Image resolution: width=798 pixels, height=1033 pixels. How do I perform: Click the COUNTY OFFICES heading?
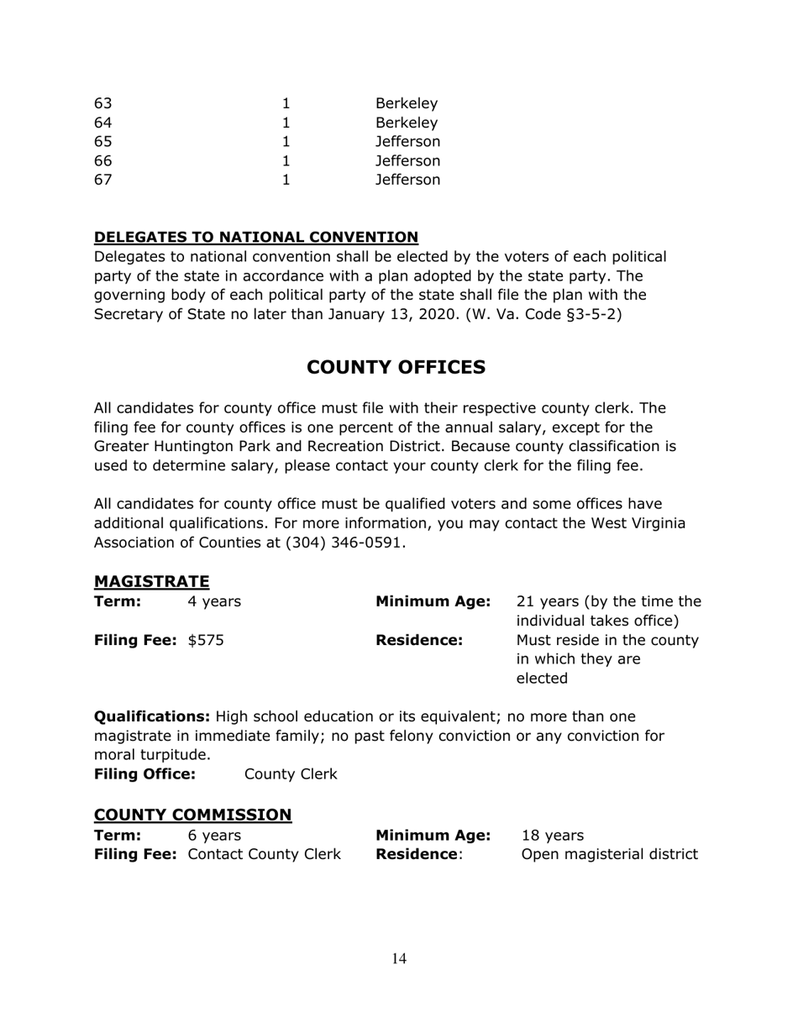click(x=396, y=367)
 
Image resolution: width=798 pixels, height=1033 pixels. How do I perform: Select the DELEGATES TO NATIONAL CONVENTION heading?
click(x=256, y=237)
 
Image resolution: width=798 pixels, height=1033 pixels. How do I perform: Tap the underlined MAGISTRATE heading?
click(x=151, y=581)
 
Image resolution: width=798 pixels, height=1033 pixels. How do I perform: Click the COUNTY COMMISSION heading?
click(x=192, y=815)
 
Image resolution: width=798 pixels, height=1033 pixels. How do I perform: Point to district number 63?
click(x=102, y=104)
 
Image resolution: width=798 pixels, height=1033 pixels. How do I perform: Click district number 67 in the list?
click(x=102, y=180)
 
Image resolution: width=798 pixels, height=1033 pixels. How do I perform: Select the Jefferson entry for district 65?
click(x=407, y=142)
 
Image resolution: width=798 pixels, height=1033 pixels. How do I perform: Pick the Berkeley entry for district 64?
click(x=407, y=123)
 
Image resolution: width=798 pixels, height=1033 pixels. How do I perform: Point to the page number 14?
click(x=399, y=959)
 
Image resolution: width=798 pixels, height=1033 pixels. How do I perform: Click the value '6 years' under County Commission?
click(x=214, y=836)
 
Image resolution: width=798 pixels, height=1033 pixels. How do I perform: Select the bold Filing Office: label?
click(x=144, y=773)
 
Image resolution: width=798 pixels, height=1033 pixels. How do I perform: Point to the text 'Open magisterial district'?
click(x=610, y=855)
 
